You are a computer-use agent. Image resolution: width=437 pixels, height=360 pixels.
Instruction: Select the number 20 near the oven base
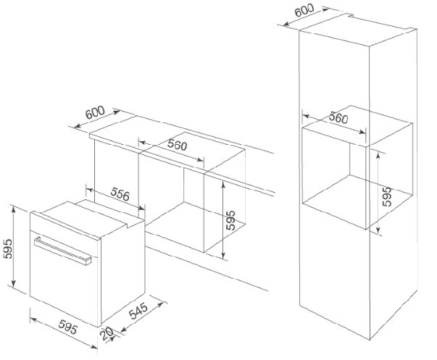[x=108, y=335]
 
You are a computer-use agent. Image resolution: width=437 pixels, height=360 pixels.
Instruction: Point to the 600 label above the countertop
[x=95, y=114]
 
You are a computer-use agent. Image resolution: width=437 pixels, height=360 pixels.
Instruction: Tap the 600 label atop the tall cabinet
[x=304, y=13]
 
